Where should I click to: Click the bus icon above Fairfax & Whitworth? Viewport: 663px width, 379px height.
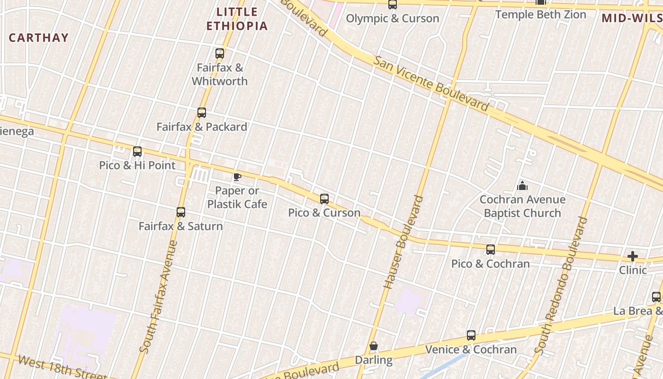(220, 53)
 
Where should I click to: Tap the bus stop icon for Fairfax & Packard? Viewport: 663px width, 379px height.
(202, 113)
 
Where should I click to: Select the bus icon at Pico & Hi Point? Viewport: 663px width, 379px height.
(137, 152)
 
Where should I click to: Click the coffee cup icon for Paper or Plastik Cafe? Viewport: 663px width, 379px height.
(237, 177)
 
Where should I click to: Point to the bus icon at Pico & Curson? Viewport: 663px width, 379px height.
(324, 199)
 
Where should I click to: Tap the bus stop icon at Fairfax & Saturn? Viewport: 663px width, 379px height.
(181, 212)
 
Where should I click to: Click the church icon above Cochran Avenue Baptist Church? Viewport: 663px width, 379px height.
(522, 186)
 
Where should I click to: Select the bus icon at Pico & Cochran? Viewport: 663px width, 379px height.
(491, 249)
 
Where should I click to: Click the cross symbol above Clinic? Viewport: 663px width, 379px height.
(633, 256)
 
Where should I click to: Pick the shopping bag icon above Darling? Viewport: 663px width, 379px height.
(374, 346)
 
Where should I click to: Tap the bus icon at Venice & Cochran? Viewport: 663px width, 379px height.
(471, 335)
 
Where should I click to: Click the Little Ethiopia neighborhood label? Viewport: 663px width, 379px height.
(237, 19)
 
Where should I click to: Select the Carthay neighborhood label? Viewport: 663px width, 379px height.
(39, 38)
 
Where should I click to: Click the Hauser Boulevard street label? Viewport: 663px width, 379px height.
(403, 242)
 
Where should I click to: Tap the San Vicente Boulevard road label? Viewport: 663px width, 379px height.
(430, 83)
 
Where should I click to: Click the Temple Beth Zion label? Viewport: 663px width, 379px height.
(541, 15)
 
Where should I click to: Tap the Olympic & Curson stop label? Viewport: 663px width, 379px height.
(393, 18)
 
